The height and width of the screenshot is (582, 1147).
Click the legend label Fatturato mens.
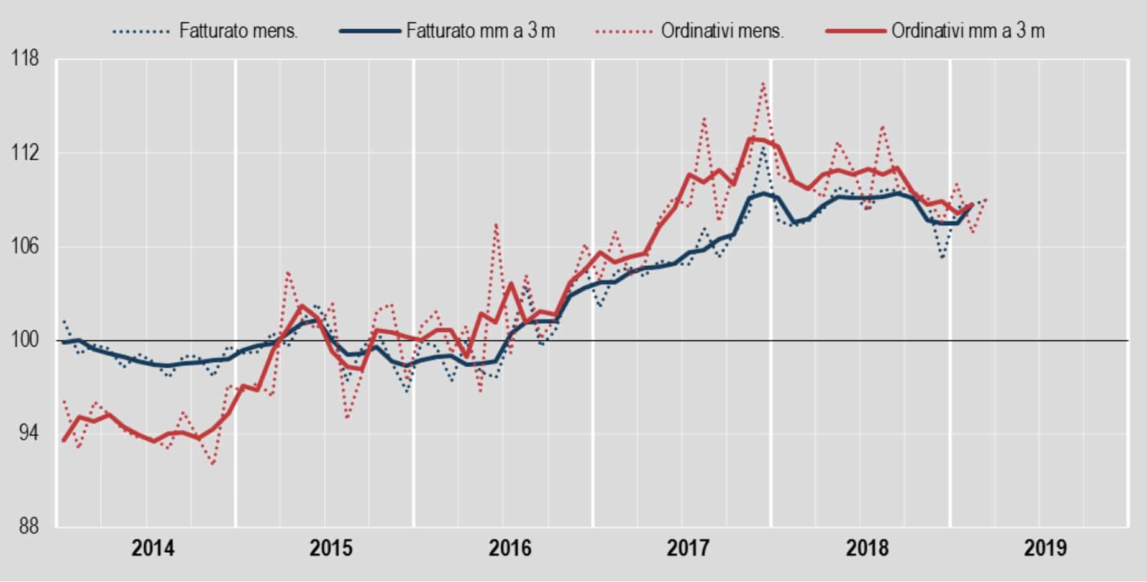pyautogui.click(x=239, y=31)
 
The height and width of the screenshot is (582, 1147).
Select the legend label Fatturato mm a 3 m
pyautogui.click(x=480, y=31)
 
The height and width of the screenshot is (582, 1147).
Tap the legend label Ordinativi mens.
pyautogui.click(x=722, y=31)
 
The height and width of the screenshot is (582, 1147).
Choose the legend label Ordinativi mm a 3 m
pyautogui.click(x=968, y=31)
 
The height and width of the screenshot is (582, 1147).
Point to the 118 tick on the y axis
pyautogui.click(x=25, y=59)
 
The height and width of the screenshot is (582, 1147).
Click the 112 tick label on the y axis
pyautogui.click(x=25, y=153)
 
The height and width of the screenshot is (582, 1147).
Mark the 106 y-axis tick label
pyautogui.click(x=25, y=247)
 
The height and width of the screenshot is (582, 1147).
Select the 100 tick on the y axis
pyautogui.click(x=25, y=340)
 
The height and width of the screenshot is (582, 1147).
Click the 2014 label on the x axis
pyautogui.click(x=153, y=548)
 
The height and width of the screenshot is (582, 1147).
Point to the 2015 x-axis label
pyautogui.click(x=331, y=548)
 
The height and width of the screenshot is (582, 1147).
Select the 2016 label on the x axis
pyautogui.click(x=510, y=548)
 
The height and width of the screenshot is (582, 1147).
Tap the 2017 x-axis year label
pyautogui.click(x=688, y=548)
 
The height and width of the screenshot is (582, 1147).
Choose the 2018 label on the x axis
pyautogui.click(x=867, y=548)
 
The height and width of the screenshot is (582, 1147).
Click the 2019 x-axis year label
pyautogui.click(x=1046, y=548)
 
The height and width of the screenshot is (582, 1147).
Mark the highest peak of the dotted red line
pyautogui.click(x=763, y=83)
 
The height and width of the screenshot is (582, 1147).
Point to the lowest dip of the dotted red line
pyautogui.click(x=213, y=464)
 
